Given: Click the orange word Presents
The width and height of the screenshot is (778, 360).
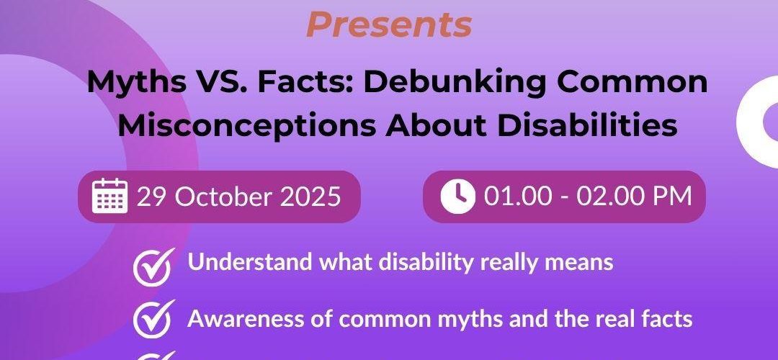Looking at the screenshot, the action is click(389, 24).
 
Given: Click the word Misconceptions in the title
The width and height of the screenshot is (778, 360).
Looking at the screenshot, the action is click(246, 126).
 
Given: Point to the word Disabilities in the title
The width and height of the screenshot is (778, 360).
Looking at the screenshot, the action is click(588, 126).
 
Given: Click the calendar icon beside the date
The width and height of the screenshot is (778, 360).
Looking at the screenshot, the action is click(110, 196).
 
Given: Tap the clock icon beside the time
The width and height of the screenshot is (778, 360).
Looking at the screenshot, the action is click(457, 197).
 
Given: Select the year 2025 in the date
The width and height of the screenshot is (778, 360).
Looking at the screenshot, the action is click(310, 197).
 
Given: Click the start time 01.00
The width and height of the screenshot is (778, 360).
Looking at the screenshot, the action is click(518, 197).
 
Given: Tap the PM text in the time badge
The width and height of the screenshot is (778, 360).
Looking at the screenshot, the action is click(672, 197).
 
